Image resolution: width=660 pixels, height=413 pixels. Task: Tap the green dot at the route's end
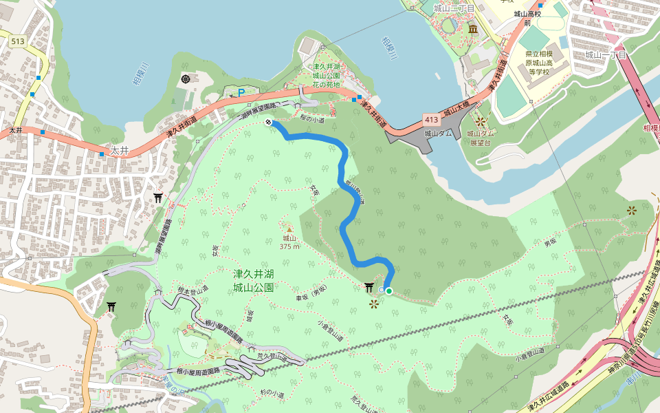[389, 291]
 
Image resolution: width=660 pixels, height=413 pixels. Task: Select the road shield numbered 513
[18, 42]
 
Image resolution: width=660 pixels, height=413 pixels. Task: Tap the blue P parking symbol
[241, 92]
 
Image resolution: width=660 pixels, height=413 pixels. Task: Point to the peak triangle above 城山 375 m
[289, 229]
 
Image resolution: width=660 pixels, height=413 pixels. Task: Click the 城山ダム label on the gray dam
[438, 134]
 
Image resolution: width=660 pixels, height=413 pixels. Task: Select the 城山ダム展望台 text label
[481, 138]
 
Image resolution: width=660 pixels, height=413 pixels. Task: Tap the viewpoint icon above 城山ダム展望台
[481, 122]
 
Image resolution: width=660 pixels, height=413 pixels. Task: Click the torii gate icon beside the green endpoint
[370, 288]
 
